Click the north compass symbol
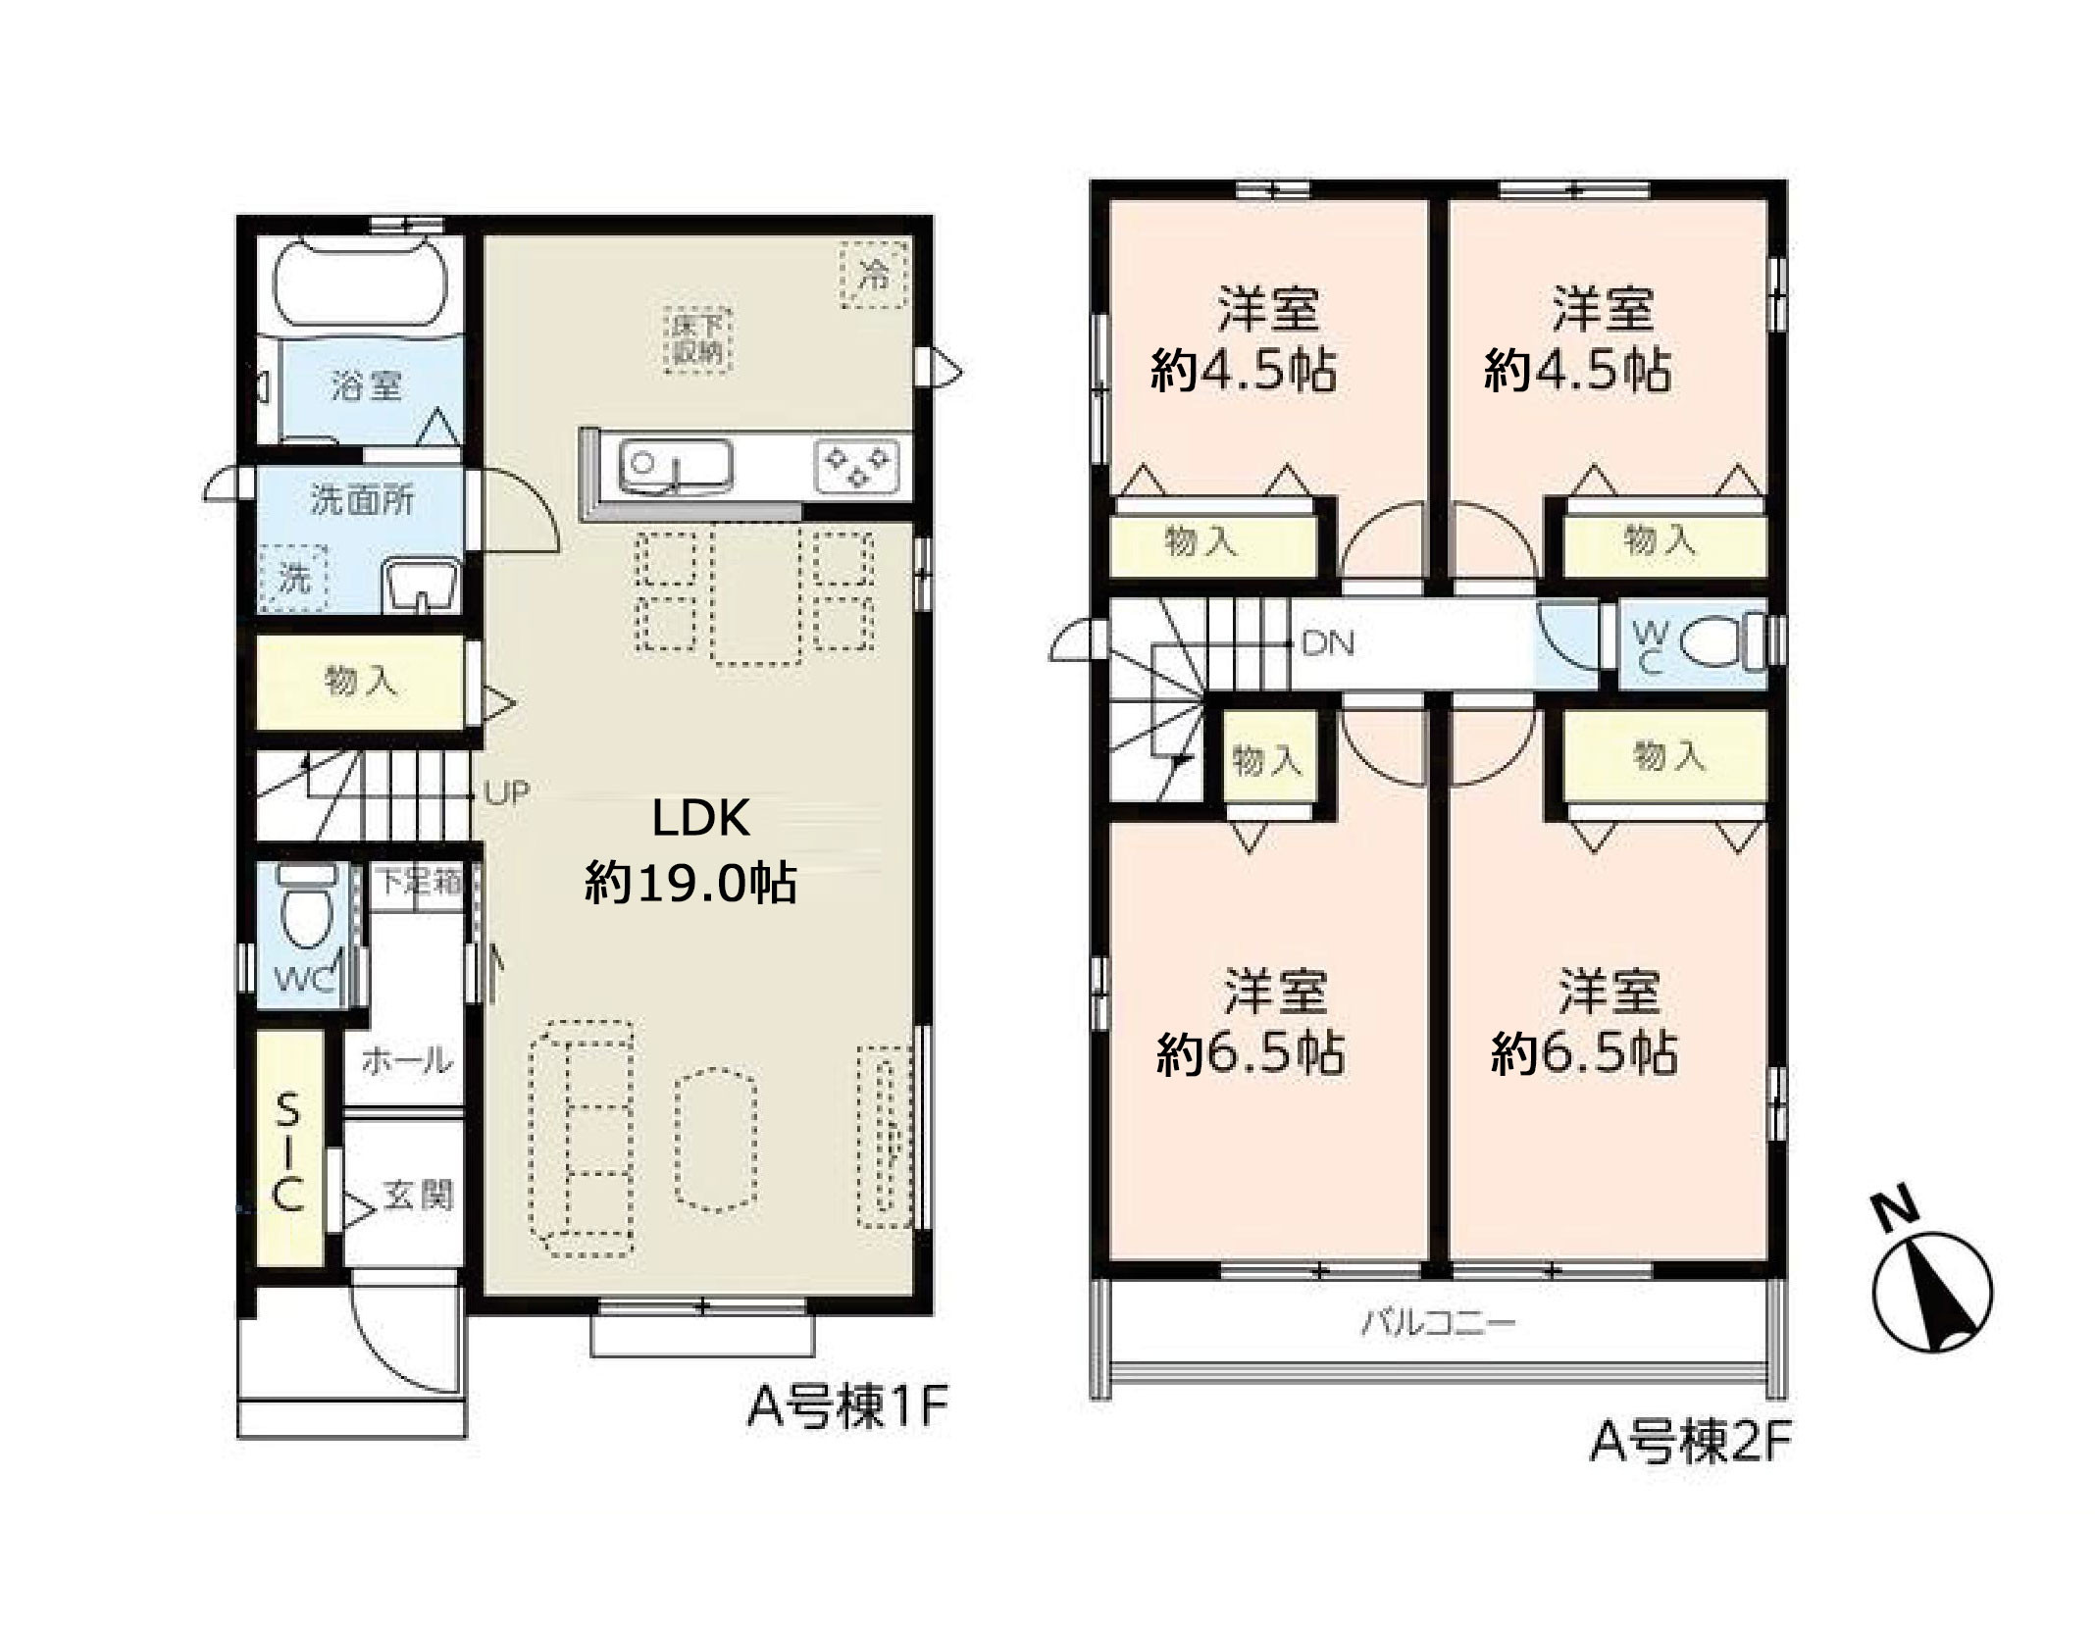coord(1930,1288)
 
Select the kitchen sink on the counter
coord(675,467)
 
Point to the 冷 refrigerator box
coord(873,273)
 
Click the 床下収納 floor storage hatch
coord(697,339)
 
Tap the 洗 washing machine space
coord(293,579)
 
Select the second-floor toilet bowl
coord(1720,643)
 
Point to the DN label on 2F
coord(1328,643)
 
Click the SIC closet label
coord(287,1153)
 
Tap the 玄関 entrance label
coord(418,1196)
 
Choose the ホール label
coord(407,1059)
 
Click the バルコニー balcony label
coord(1438,1324)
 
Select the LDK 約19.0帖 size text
coord(692,849)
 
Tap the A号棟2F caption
coord(1690,1441)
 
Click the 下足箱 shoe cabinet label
coord(420,882)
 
